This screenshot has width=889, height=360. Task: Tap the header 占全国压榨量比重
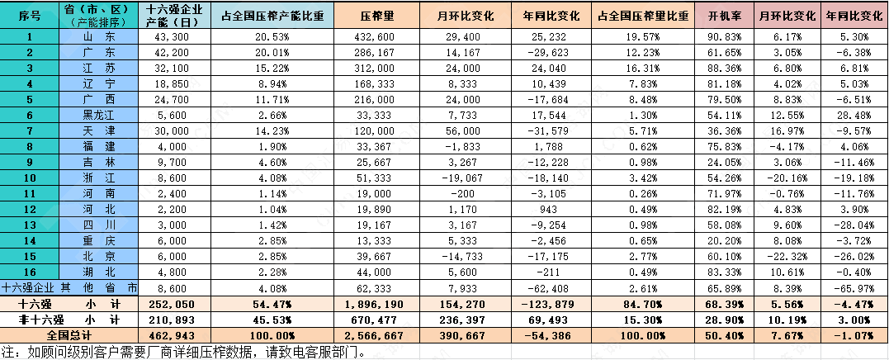coord(641,16)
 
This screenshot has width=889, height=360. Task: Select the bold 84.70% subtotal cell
coord(641,304)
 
